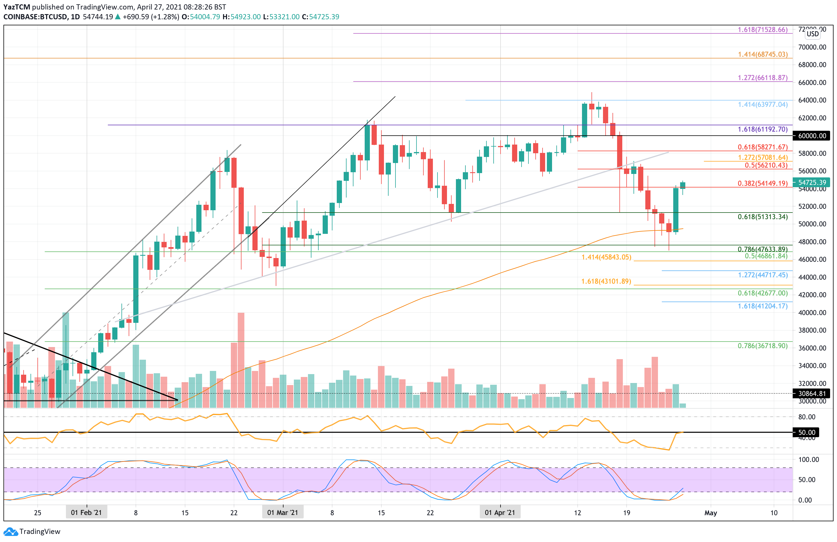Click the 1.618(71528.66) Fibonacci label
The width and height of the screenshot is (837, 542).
[x=762, y=30]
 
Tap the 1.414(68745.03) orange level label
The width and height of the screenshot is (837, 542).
[x=762, y=54]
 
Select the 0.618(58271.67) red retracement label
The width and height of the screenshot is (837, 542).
[x=762, y=147]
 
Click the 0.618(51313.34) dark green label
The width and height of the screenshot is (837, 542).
[x=762, y=217]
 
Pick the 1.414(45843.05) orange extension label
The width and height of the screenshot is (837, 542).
[x=606, y=257]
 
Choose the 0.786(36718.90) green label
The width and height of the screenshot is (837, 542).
[x=762, y=346]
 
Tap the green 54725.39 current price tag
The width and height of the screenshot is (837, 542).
[x=812, y=182]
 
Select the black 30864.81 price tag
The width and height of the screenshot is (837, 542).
[x=812, y=393]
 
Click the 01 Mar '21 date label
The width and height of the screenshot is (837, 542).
[x=282, y=512]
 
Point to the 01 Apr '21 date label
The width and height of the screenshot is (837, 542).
[x=500, y=512]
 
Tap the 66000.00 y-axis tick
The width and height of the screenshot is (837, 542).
[x=812, y=82]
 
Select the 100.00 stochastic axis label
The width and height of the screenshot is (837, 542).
[x=809, y=459]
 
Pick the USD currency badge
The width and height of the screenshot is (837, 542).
[x=812, y=34]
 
